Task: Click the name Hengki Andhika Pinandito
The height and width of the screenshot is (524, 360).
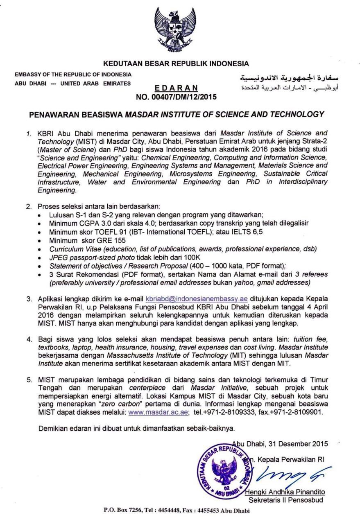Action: coord(285,492)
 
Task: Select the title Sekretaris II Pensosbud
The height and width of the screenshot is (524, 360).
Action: coord(286,500)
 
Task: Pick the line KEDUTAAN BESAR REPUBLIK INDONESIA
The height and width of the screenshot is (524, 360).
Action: coord(176,64)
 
